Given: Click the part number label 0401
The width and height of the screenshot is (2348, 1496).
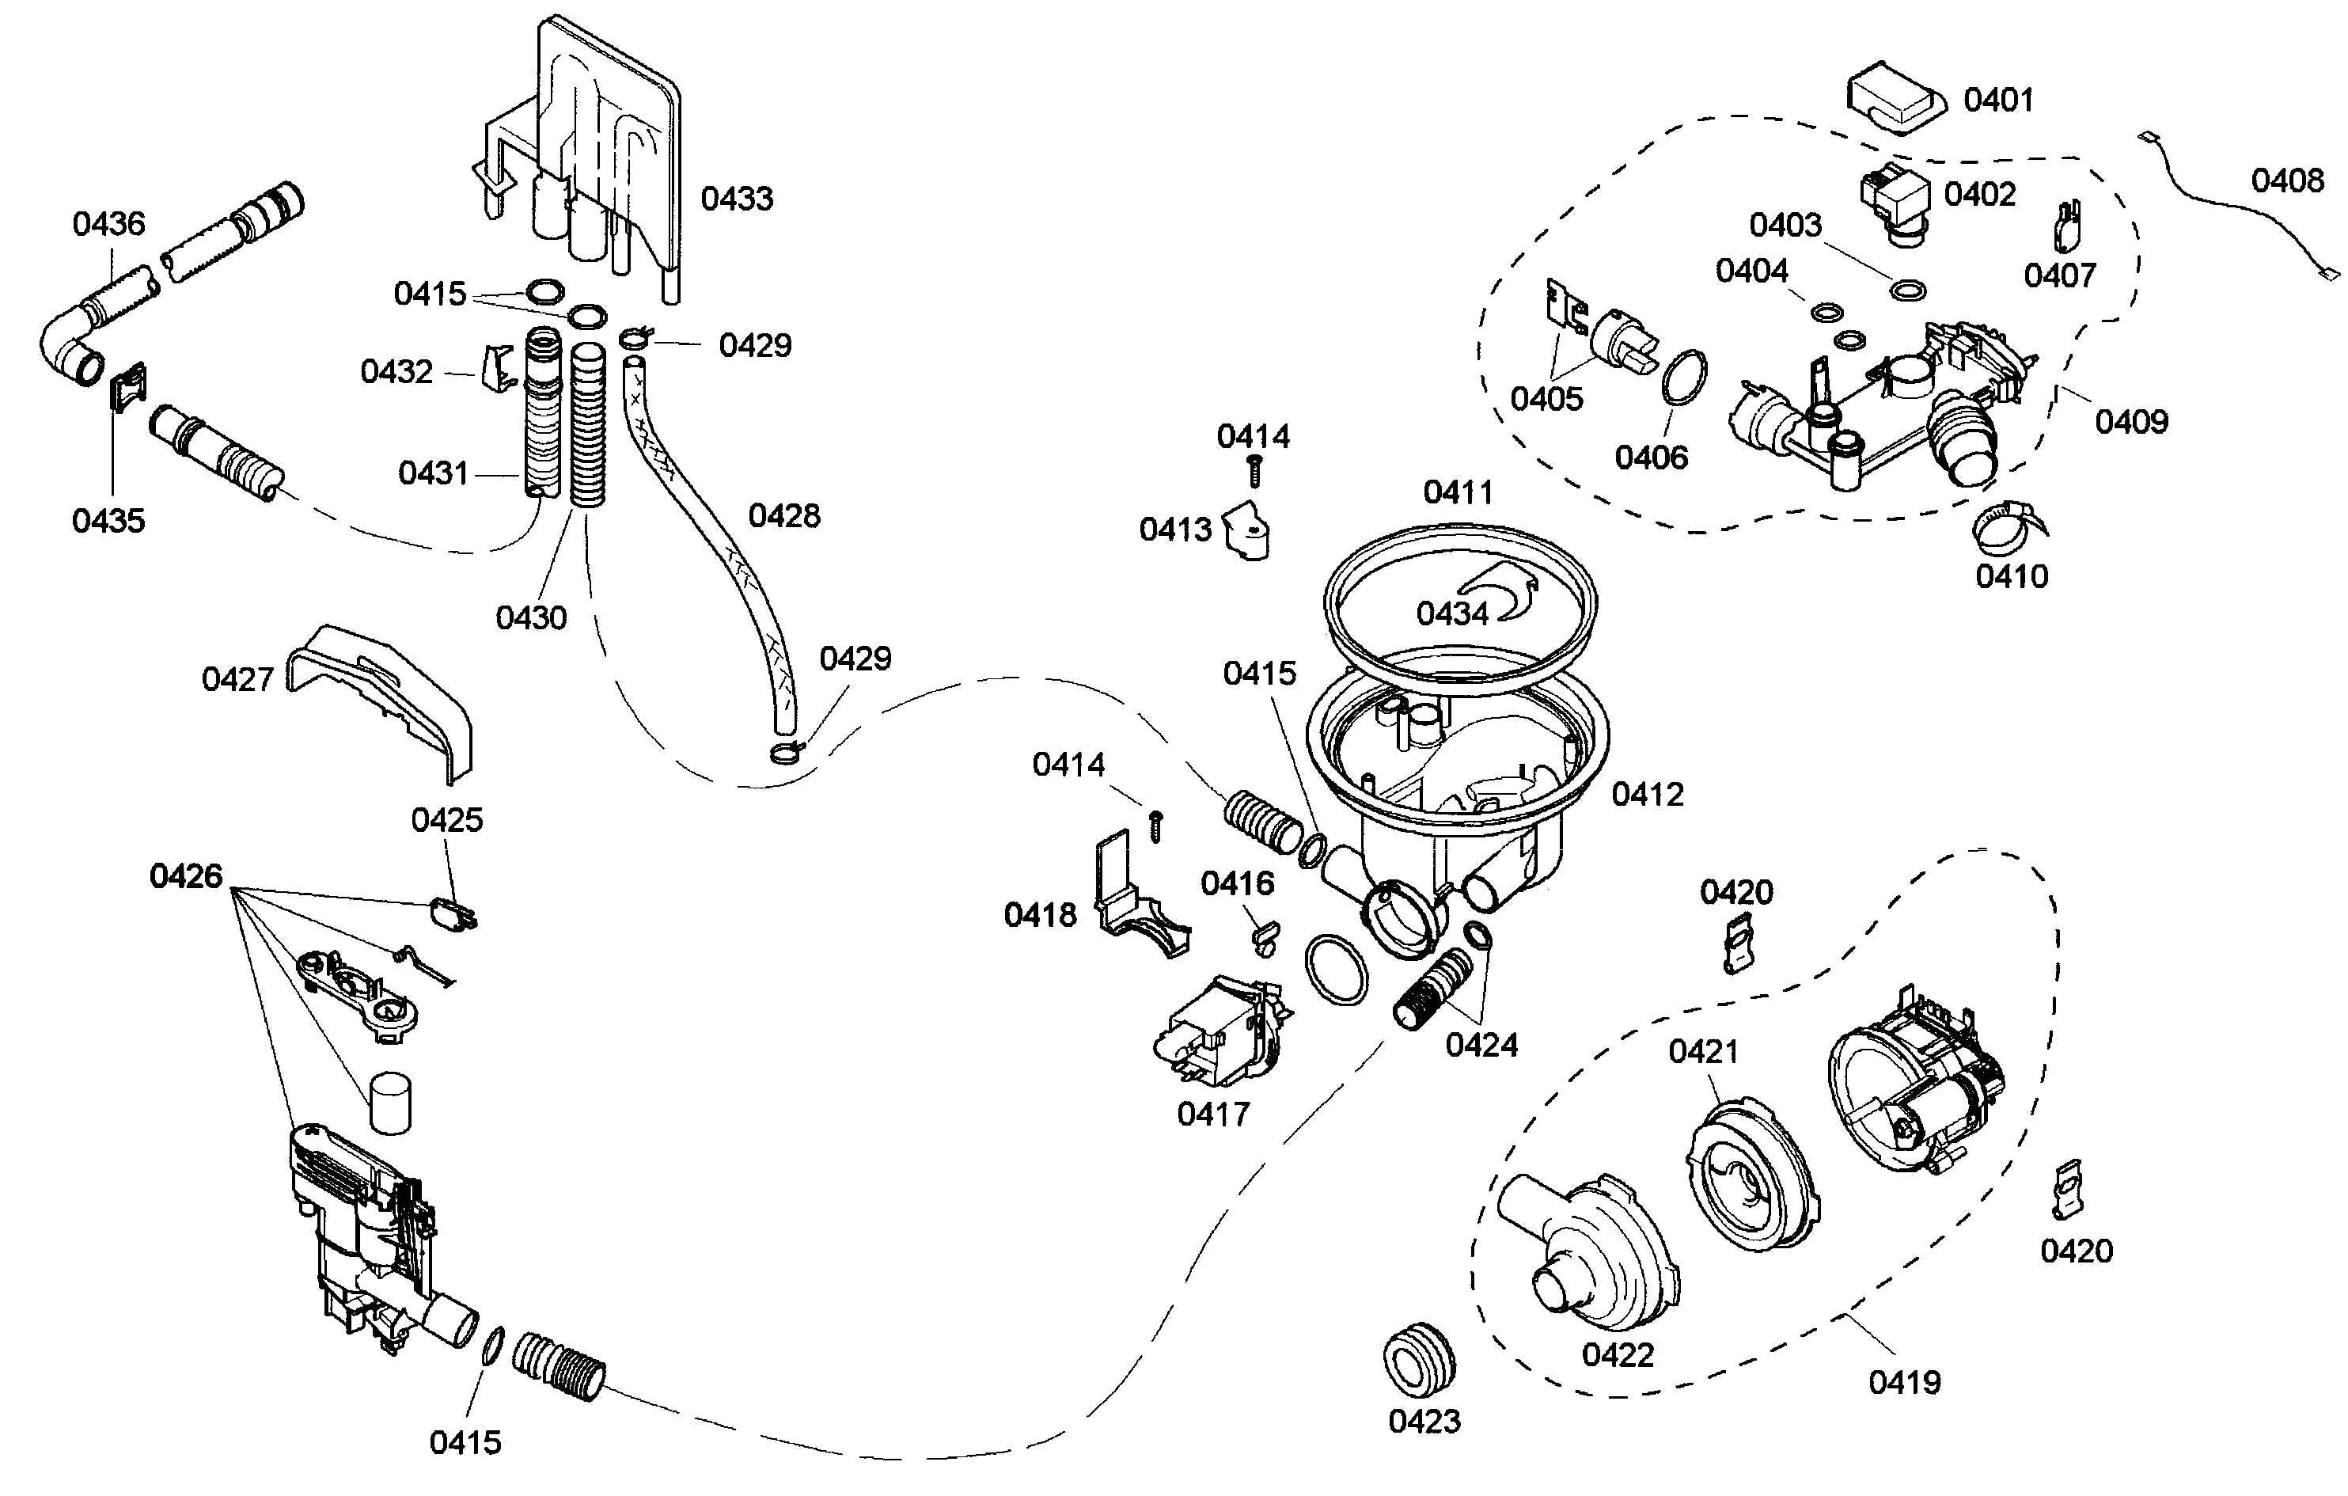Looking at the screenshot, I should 1998,101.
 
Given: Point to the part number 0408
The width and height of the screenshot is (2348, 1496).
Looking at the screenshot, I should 2286,180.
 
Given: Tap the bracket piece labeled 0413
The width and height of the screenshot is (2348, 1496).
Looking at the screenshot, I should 1247,530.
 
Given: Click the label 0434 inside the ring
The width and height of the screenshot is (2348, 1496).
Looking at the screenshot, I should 1452,613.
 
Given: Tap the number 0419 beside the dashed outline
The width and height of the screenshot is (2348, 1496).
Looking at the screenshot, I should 1903,1382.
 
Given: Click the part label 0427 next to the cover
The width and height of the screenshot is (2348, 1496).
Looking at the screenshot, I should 237,680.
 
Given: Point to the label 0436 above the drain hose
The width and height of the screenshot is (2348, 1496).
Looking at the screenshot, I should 108,224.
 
